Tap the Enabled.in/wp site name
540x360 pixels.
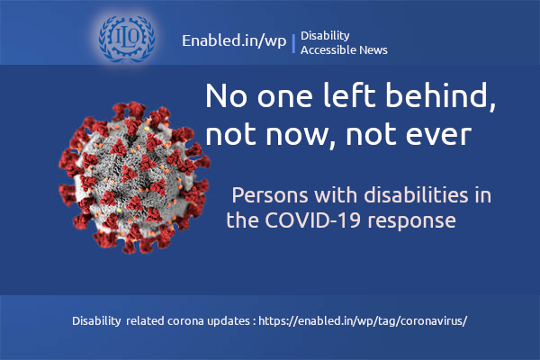[x=234, y=42]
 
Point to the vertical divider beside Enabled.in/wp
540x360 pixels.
[x=293, y=42]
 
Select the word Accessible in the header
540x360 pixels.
[x=328, y=50]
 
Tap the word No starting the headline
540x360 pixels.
[x=225, y=97]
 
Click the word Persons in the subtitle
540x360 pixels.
[x=265, y=195]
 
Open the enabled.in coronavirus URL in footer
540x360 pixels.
[x=364, y=320]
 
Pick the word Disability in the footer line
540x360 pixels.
[x=95, y=320]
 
